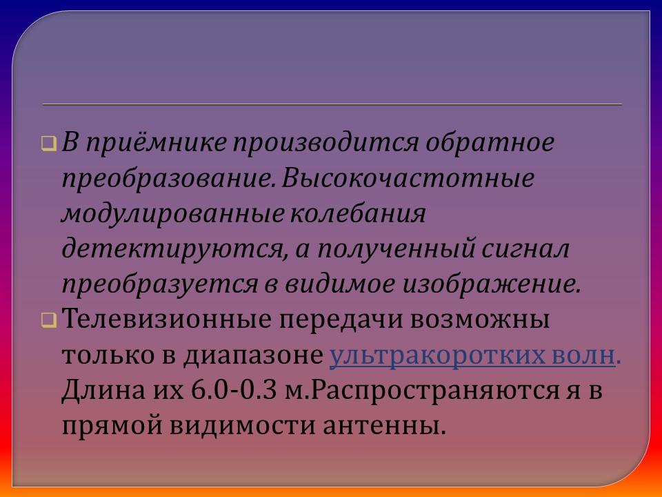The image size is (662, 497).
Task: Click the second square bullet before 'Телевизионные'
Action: (48, 320)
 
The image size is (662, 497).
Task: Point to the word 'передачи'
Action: (340, 320)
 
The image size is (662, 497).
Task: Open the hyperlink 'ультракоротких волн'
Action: (472, 355)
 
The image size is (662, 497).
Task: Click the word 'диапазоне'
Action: (254, 355)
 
